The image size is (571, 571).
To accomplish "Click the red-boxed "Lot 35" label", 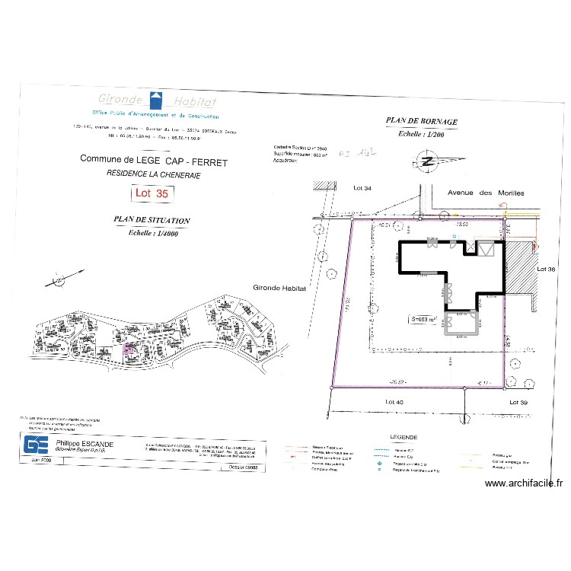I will point(151,193).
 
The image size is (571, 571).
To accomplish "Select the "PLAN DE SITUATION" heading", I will point(152,220).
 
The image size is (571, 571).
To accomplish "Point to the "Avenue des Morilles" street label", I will point(485,193).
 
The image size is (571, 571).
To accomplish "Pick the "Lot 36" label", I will point(547,270).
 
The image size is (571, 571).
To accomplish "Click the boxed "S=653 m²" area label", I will point(423,320).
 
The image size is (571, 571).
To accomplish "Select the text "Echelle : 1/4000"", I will point(152,232).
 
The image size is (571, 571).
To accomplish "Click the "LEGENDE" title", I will point(403,438).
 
